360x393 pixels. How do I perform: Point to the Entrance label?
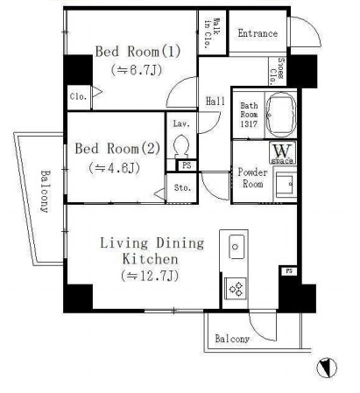[258, 34]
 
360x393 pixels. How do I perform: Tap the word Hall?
[215, 101]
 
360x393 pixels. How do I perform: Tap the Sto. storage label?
[182, 186]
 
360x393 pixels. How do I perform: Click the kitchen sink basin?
[235, 249]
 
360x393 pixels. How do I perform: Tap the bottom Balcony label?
[232, 339]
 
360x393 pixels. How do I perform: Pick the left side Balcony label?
[43, 192]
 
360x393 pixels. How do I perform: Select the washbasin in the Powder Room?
[284, 184]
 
